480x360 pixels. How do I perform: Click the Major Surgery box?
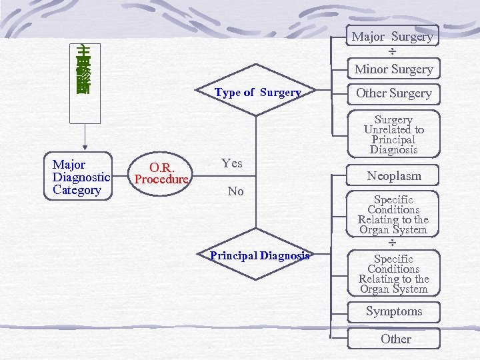pos(393,37)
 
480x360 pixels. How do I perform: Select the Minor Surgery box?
pos(393,69)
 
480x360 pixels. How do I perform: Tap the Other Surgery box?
pos(393,93)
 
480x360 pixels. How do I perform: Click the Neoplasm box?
pos(393,176)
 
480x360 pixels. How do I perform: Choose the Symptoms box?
pos(393,311)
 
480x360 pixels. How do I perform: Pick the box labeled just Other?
pos(395,339)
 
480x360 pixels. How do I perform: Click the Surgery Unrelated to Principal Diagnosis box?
pos(393,135)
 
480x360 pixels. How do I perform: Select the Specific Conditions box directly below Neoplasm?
pos(393,214)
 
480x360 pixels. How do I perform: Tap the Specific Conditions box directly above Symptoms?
pos(393,274)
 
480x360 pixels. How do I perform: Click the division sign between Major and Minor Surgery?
pos(393,53)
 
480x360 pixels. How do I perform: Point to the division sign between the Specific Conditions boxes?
pos(393,243)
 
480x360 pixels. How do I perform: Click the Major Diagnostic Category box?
pos(81,177)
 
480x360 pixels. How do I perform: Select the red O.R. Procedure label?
pos(162,173)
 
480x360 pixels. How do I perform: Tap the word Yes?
pos(232,163)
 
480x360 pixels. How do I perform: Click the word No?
pos(235,191)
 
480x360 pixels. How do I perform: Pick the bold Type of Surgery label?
pos(257,93)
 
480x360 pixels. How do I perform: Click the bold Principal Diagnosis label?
pos(259,256)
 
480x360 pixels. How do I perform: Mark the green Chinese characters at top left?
pos(84,69)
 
